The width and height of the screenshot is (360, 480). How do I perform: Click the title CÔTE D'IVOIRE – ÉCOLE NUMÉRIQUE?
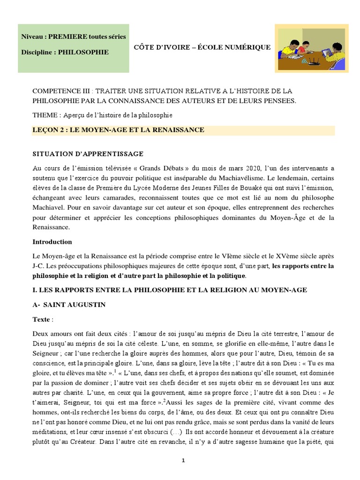coord(202,47)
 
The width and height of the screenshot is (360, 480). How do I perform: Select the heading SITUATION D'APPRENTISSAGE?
coord(88,153)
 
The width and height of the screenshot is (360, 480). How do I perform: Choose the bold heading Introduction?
coord(52,242)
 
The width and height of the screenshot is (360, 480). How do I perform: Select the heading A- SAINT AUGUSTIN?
coord(69,305)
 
